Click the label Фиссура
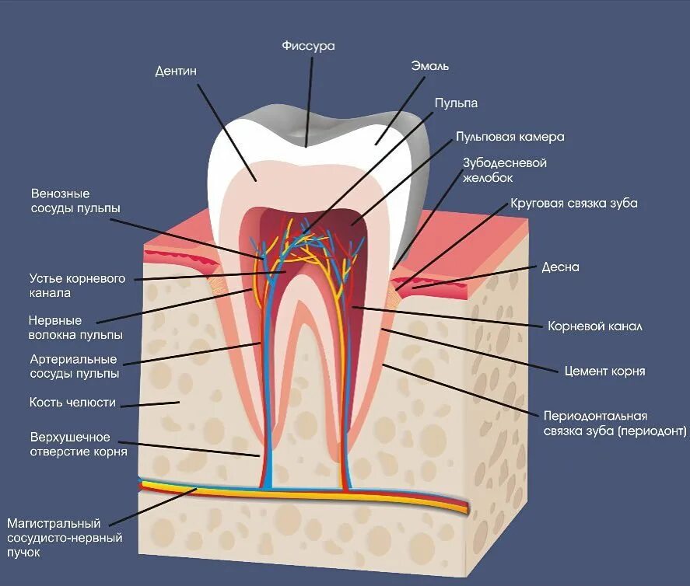(308, 46)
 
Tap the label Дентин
(176, 72)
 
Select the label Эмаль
(430, 66)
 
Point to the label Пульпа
(456, 103)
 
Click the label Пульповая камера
(510, 137)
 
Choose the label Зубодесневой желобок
(505, 170)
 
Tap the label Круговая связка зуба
(574, 204)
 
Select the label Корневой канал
(595, 326)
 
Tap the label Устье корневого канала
(77, 285)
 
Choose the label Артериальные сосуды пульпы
(74, 367)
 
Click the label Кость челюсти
(73, 403)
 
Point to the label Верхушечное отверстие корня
(78, 444)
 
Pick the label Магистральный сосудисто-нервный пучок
(65, 538)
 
